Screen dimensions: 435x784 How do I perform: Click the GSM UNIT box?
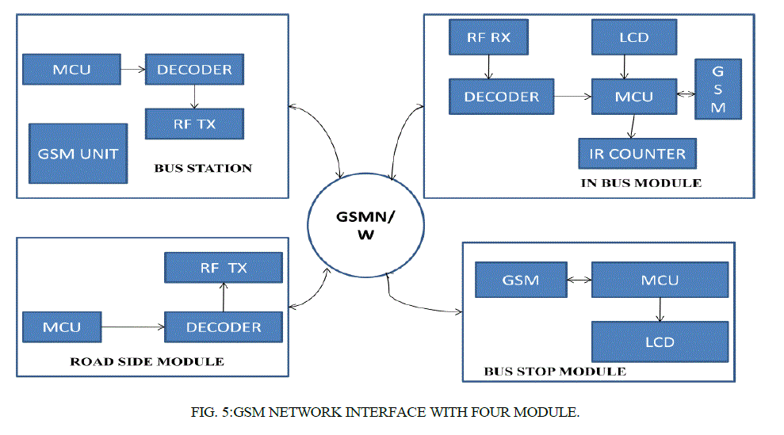[x=78, y=153]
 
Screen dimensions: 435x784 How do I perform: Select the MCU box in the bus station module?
[x=71, y=70]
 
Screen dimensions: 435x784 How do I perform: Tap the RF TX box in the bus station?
[x=194, y=124]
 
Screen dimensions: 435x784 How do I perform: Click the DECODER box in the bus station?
[x=194, y=70]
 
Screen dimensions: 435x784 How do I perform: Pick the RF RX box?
[x=487, y=37]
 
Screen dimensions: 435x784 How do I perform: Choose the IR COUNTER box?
[x=637, y=153]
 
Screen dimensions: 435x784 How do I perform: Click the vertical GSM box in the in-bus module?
[x=718, y=88]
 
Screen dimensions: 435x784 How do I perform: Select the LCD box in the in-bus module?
[x=634, y=37]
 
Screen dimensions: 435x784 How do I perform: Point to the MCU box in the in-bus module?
[x=634, y=97]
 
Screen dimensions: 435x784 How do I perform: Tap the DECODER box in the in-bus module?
[x=501, y=97]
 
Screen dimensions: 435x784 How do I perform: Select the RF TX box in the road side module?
[x=223, y=268]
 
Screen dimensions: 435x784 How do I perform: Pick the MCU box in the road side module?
[x=62, y=326]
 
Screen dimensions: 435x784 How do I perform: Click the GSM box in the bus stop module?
[x=520, y=280]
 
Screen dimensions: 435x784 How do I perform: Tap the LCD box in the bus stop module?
[x=660, y=342]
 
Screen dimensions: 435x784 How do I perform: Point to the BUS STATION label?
[x=203, y=168]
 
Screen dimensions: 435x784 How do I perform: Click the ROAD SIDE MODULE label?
[x=147, y=361]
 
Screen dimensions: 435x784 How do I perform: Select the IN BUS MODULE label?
[x=641, y=183]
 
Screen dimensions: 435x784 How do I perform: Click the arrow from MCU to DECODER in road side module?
[x=133, y=326]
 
